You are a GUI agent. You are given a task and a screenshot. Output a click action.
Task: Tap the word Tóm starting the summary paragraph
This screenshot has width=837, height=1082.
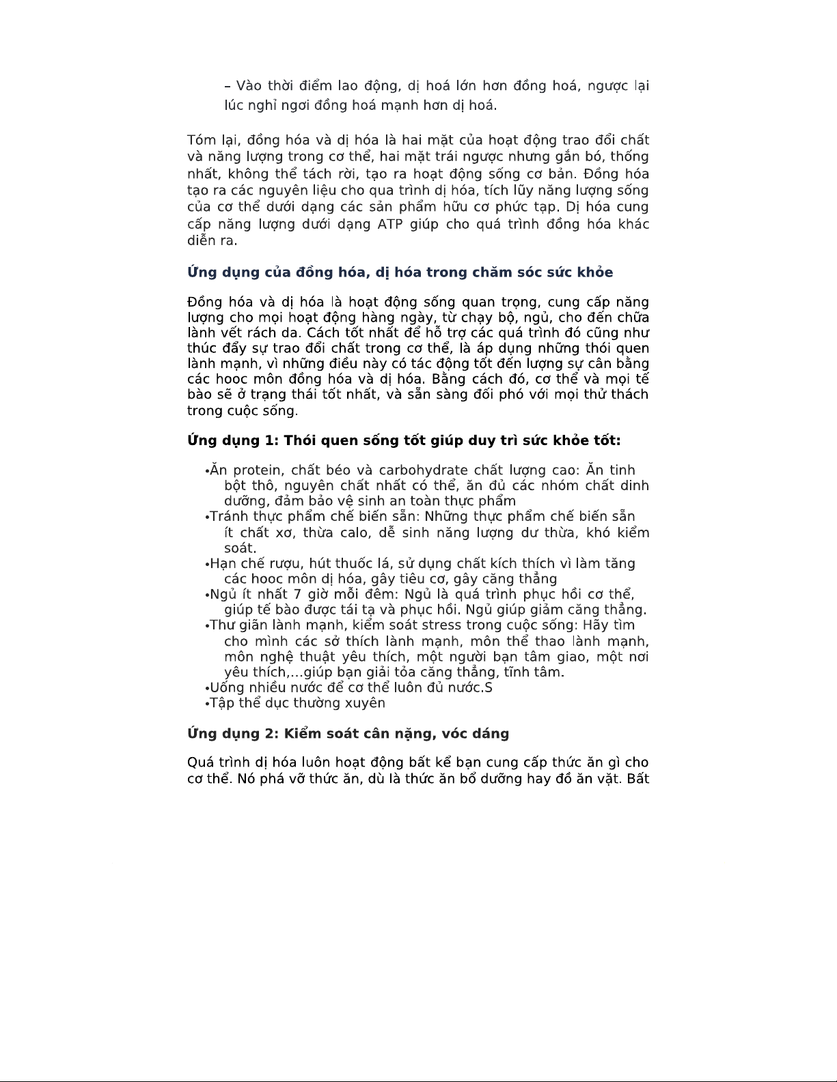click(201, 141)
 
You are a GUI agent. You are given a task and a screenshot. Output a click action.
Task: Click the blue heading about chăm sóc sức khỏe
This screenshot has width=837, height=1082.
click(400, 272)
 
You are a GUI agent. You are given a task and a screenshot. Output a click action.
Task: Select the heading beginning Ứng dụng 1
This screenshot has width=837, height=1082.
click(404, 440)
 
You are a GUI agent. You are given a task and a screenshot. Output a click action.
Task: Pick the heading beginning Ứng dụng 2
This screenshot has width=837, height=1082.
click(348, 734)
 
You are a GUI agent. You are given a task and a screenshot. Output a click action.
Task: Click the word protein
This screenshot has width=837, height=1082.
click(258, 470)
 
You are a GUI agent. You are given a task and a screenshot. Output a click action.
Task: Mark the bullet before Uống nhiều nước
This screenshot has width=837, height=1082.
click(206, 689)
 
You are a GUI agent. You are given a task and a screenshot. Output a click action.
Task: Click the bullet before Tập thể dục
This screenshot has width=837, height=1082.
click(206, 704)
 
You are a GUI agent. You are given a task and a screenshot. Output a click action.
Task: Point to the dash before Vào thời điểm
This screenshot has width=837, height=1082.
click(228, 86)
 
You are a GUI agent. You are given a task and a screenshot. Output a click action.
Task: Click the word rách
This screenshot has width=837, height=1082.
click(277, 333)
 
